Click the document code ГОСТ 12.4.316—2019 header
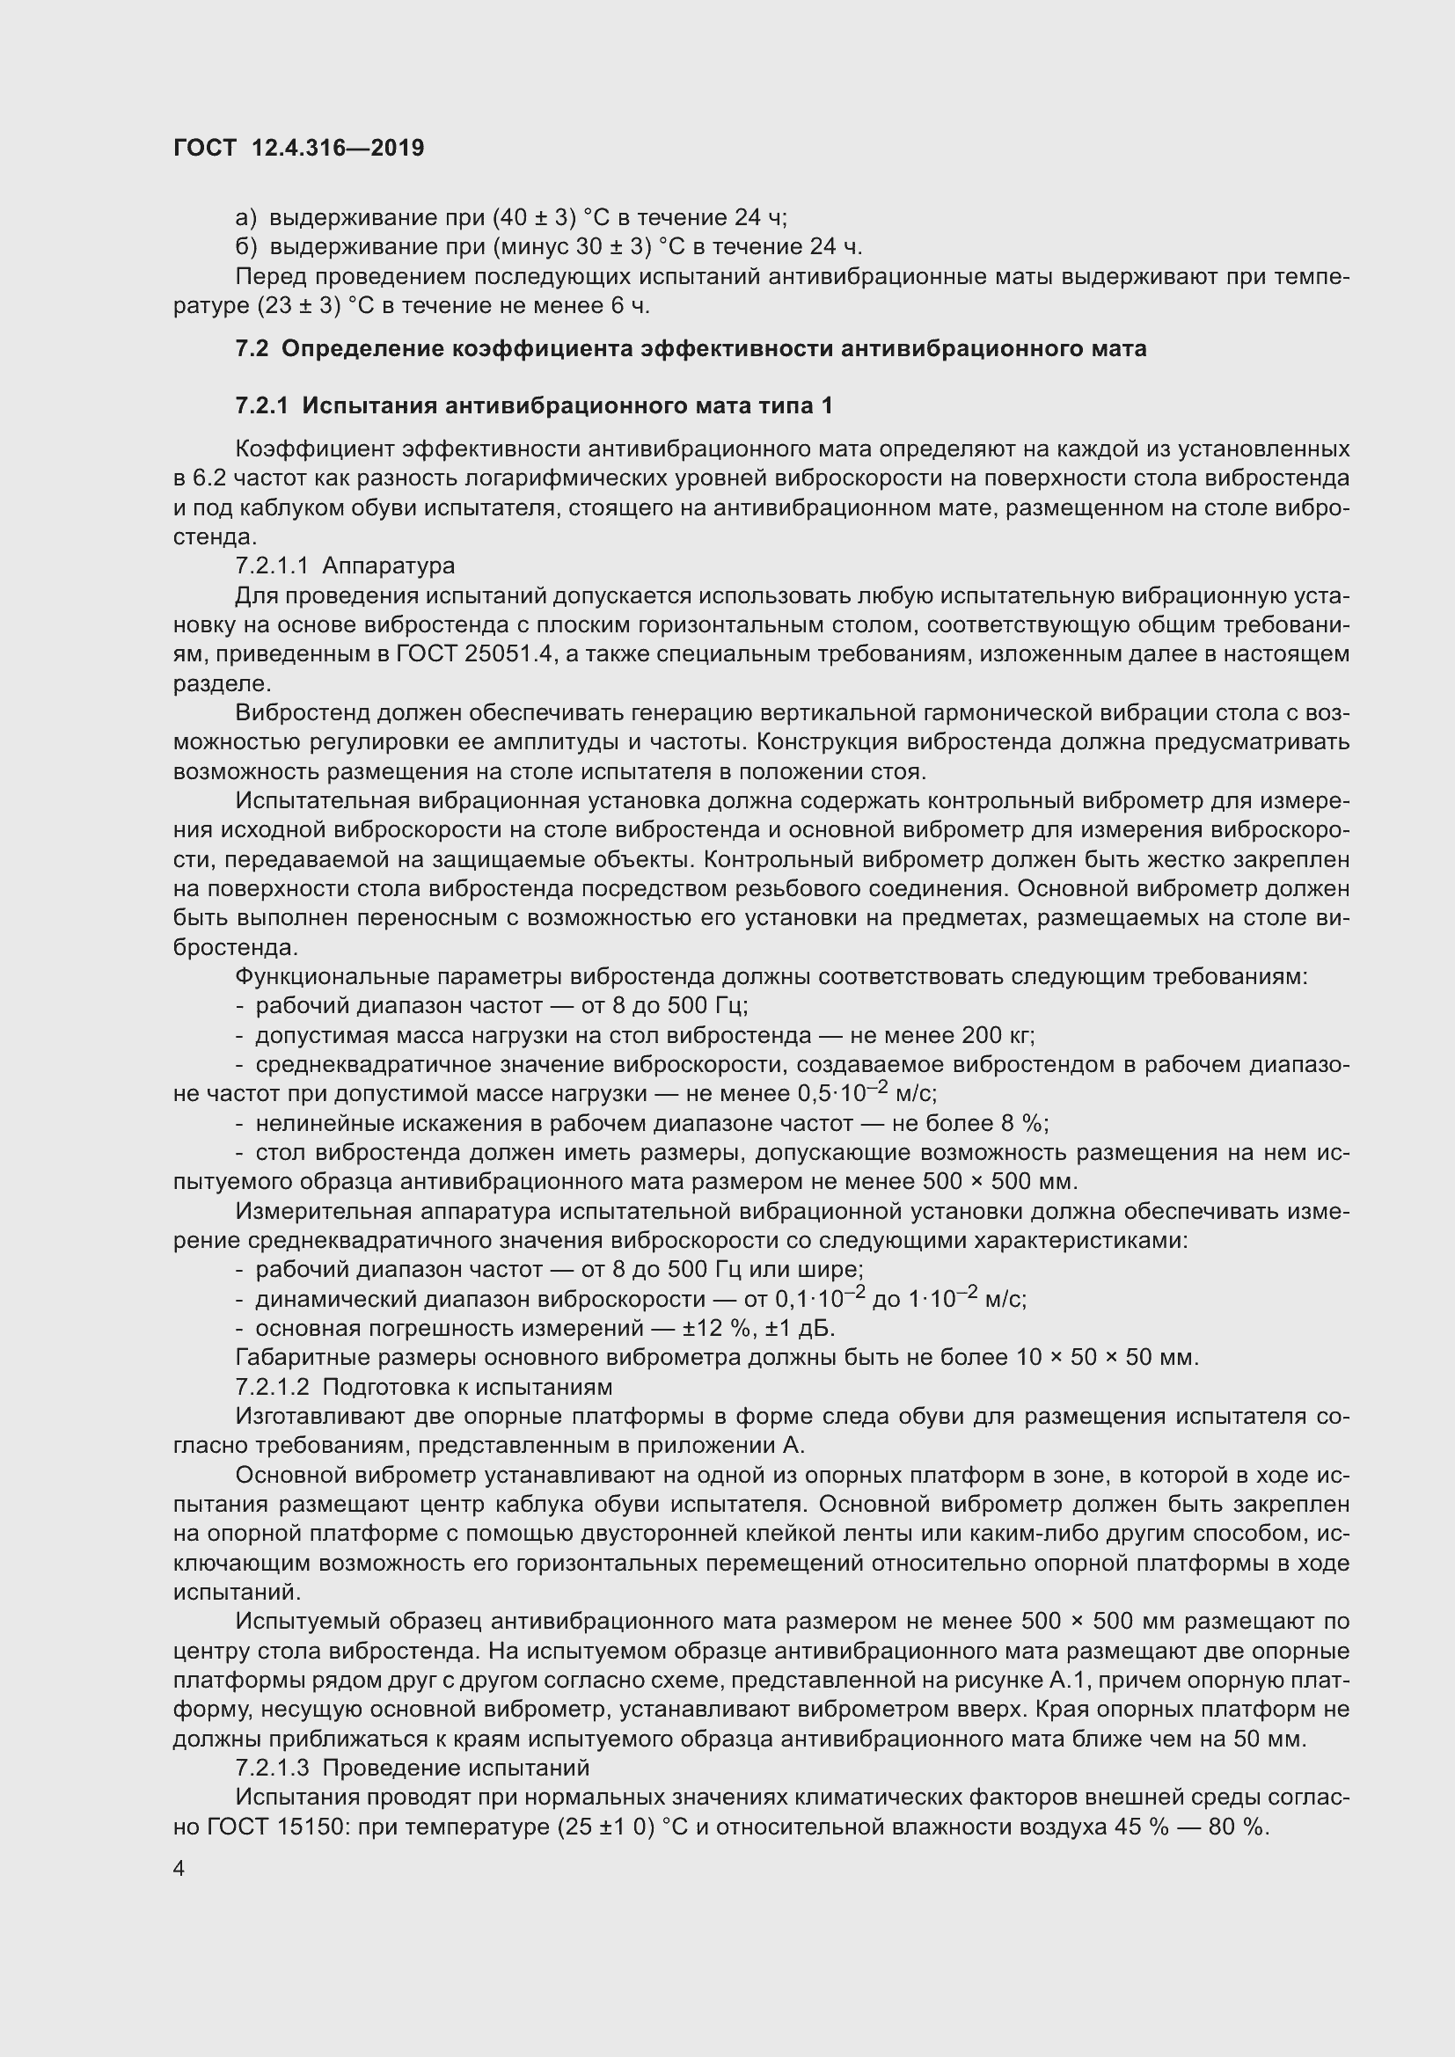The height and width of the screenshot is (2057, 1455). click(x=298, y=148)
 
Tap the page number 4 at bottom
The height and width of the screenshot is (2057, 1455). click(x=179, y=1868)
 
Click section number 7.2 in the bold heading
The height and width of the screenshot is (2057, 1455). click(x=252, y=348)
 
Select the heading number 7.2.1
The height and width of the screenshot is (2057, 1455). click(x=261, y=405)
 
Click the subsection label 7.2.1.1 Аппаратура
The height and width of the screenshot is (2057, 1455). click(x=345, y=565)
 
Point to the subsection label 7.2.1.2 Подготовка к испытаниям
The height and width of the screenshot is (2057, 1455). click(x=423, y=1387)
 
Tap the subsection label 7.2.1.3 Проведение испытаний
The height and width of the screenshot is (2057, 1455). click(x=412, y=1768)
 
